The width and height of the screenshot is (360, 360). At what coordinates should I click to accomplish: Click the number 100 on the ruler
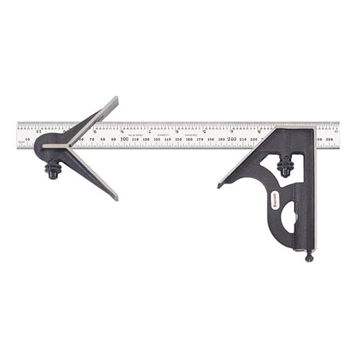124,139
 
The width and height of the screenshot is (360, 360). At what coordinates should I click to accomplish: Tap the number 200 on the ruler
232,139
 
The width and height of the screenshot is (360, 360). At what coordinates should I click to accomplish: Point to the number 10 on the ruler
27,139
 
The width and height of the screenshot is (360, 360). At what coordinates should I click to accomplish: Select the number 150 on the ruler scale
179,139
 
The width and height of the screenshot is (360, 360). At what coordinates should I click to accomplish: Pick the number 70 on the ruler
92,139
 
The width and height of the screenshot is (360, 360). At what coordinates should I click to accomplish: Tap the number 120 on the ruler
146,139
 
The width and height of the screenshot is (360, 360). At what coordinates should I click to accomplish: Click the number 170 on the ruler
200,139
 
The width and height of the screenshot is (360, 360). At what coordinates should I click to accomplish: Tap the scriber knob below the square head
309,257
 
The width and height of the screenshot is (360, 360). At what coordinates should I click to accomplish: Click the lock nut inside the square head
284,166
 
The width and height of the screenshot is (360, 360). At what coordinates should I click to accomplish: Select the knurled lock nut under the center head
52,168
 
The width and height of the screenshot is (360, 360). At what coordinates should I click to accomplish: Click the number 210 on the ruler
243,139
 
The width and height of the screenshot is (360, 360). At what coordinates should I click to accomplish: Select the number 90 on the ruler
113,139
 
